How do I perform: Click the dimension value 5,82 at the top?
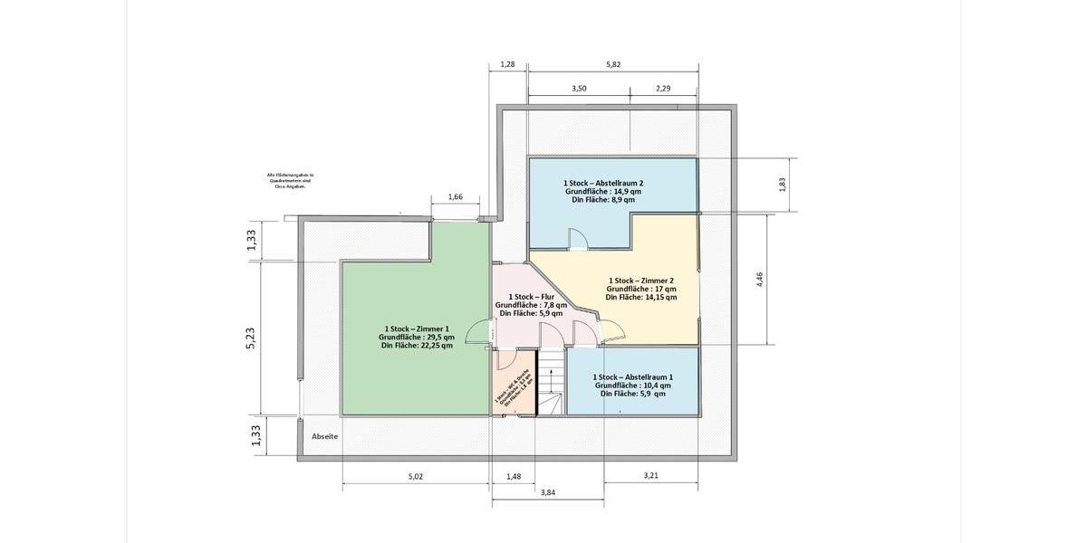[x=613, y=64]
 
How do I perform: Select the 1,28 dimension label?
[x=507, y=64]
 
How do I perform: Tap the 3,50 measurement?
[x=580, y=89]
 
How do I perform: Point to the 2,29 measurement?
[x=663, y=89]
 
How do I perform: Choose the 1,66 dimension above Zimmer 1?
[x=456, y=197]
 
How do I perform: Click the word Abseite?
[x=324, y=436]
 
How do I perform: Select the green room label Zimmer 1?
[x=416, y=329]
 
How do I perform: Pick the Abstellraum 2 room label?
[x=602, y=183]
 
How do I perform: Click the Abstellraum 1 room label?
[x=632, y=376]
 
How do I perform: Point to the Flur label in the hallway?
[x=531, y=297]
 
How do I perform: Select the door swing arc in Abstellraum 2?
[x=577, y=238]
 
